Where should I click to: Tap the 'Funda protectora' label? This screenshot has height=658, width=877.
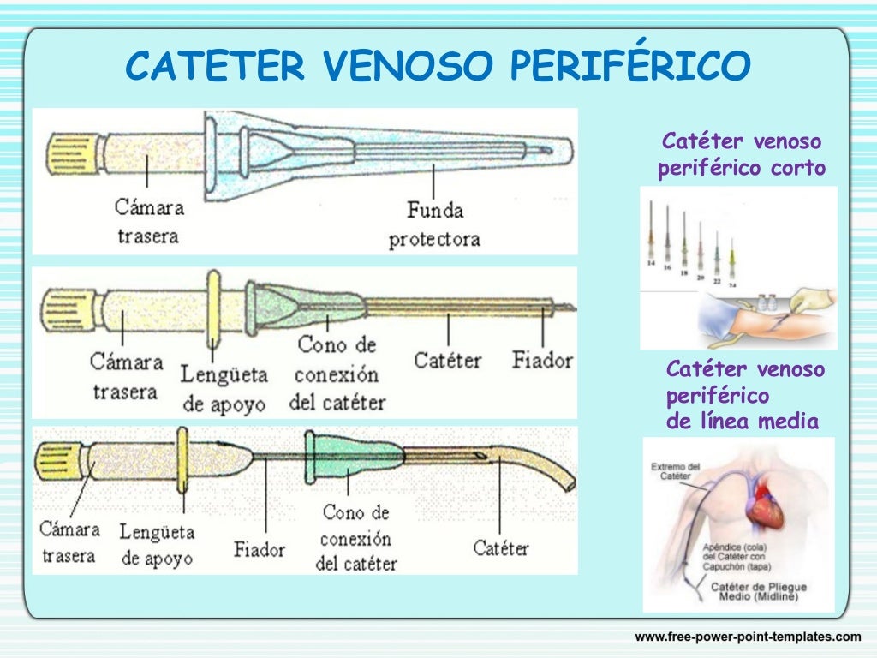tap(434, 224)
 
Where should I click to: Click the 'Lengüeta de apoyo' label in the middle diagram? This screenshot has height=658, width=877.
tap(224, 388)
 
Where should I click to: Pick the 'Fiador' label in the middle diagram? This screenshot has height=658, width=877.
tap(541, 360)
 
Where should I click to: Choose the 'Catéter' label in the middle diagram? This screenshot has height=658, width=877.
tap(448, 360)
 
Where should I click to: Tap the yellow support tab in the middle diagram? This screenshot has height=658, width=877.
tap(212, 308)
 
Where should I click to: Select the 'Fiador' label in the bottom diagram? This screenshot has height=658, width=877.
tap(260, 548)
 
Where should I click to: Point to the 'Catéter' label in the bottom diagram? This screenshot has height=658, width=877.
tap(501, 547)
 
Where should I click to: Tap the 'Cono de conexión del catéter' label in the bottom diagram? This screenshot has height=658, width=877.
tap(356, 538)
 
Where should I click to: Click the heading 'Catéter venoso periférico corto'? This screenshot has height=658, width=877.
tap(742, 155)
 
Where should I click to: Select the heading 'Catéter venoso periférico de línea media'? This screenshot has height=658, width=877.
tap(743, 395)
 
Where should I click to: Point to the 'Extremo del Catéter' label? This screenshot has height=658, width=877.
tap(676, 472)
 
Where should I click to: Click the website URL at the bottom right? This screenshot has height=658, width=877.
tap(747, 637)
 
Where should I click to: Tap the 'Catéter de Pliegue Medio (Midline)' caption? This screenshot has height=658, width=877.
tap(759, 592)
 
